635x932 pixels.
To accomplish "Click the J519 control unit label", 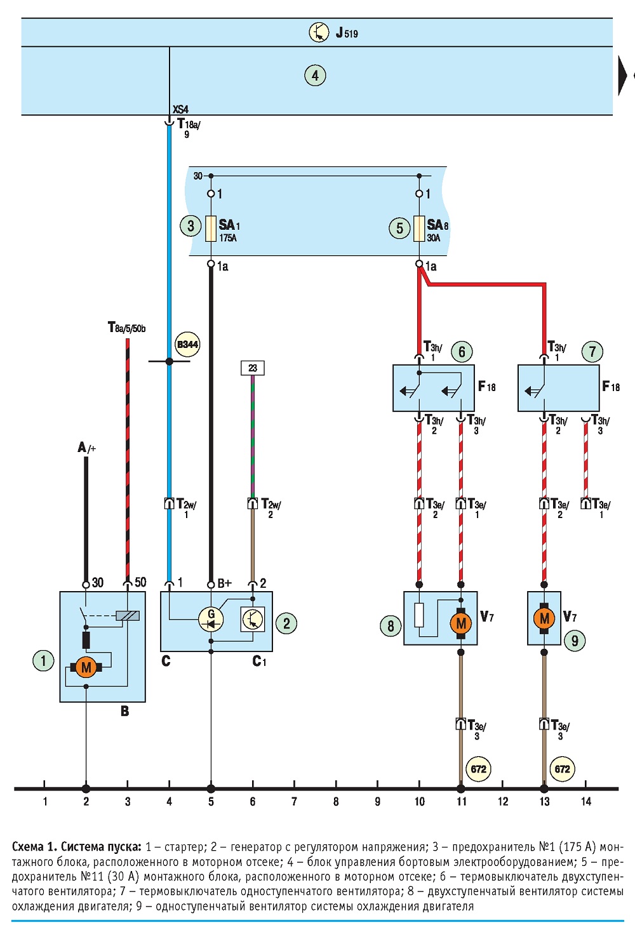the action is click(x=347, y=32).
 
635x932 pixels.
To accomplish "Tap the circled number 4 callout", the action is click(x=315, y=76).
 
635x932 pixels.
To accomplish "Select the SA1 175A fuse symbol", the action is click(x=211, y=229).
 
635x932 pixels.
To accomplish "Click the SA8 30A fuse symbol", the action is click(x=419, y=229).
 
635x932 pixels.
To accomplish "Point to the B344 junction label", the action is click(x=187, y=344).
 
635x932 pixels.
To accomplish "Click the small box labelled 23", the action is click(x=253, y=368).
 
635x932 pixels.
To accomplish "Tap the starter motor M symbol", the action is click(x=86, y=667).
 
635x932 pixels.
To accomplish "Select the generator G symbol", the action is click(x=211, y=619).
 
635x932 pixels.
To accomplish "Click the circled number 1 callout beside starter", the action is click(x=43, y=661).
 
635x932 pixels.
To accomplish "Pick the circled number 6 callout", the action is click(x=462, y=352).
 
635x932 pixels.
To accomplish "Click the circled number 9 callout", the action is click(x=575, y=641).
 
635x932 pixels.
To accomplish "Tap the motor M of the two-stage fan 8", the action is click(x=461, y=623).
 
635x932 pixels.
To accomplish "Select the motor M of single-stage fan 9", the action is click(x=544, y=618).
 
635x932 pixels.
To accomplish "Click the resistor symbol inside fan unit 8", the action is click(x=420, y=615).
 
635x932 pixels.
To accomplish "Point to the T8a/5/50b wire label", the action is click(x=127, y=327).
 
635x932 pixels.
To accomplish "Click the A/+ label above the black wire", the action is click(x=86, y=448).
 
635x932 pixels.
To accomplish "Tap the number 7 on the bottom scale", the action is click(x=294, y=801).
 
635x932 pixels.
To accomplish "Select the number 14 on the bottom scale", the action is click(x=586, y=801).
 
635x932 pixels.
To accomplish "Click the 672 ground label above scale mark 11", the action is click(x=479, y=769).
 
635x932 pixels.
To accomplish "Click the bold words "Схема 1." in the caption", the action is click(x=34, y=847).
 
